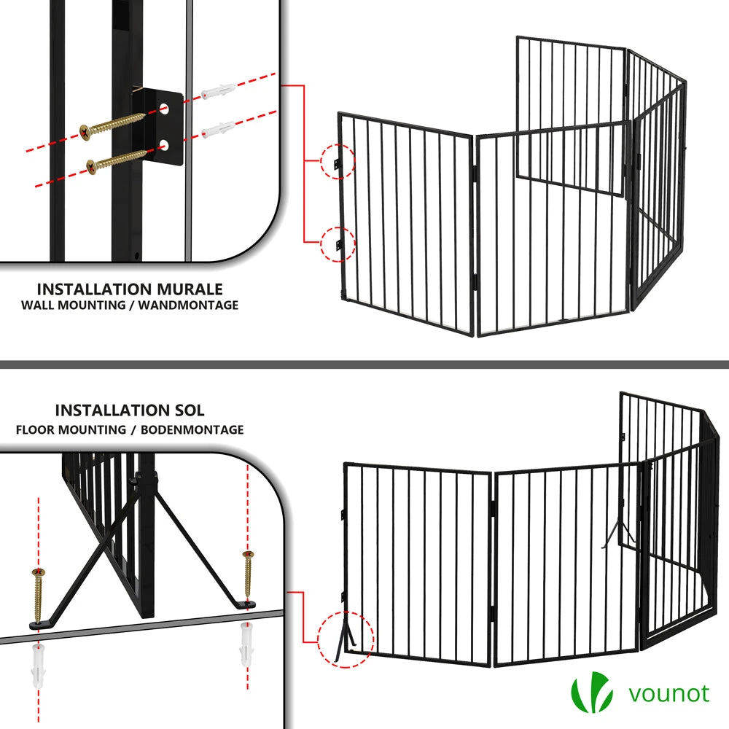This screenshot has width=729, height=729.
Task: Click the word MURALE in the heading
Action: (190, 289)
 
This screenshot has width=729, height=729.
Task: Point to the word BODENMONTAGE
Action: (192, 429)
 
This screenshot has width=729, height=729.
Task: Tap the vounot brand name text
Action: (669, 694)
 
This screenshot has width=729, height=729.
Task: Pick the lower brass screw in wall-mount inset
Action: (118, 161)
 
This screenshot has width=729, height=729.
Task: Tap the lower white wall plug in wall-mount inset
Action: (218, 129)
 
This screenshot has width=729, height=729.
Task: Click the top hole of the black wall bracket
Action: (163, 110)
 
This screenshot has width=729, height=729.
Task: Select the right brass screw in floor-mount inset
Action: (248, 574)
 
